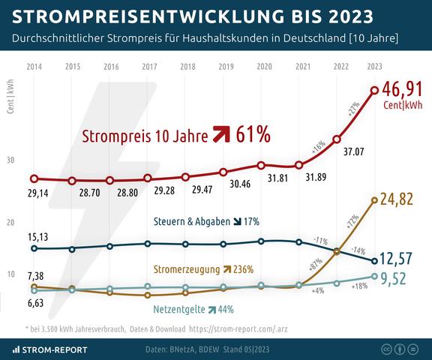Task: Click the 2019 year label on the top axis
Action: [x=226, y=67]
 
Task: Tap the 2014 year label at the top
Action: [x=34, y=67]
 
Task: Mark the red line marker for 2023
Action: [x=375, y=91]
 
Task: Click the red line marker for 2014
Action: [x=34, y=179]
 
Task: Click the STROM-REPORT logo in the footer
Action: [x=49, y=349]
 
